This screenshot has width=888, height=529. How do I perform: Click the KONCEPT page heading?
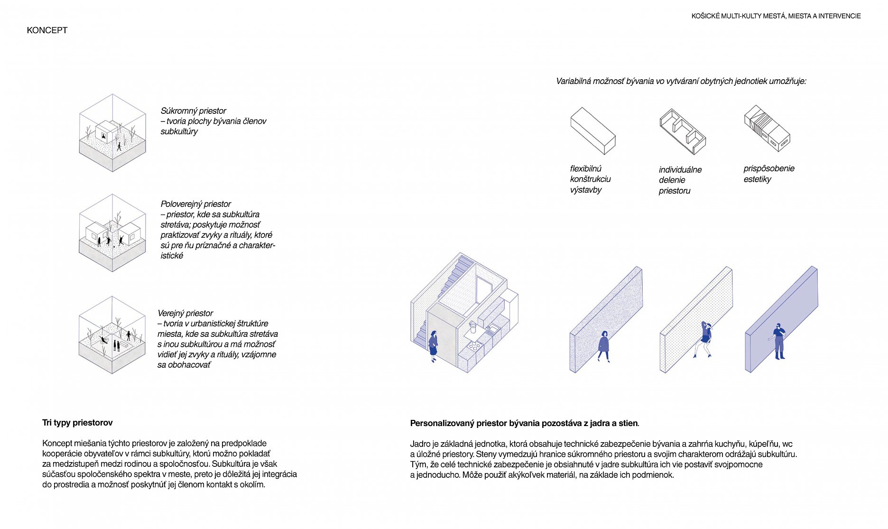tap(47, 30)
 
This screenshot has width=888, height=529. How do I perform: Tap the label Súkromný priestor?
tap(193, 111)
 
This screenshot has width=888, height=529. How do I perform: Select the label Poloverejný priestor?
tap(195, 204)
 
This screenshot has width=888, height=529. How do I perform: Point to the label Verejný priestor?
tap(185, 313)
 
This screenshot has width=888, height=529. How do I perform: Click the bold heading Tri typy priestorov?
tap(77, 423)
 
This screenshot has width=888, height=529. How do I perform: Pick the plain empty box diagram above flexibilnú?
tap(592, 130)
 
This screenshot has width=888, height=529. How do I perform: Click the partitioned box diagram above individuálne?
tap(682, 131)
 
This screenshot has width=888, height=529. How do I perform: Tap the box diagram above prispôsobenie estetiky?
tap(767, 128)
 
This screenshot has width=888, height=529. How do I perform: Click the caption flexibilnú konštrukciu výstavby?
tap(590, 179)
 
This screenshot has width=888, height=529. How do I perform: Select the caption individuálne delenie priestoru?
tap(679, 180)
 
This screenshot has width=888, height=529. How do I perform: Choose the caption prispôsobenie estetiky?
tap(768, 174)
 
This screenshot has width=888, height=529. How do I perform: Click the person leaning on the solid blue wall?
tap(778, 341)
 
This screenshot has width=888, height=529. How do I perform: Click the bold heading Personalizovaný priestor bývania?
tap(524, 423)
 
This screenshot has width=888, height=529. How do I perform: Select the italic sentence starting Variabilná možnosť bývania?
tap(681, 81)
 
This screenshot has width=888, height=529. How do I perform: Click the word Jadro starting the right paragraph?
tap(420, 444)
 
